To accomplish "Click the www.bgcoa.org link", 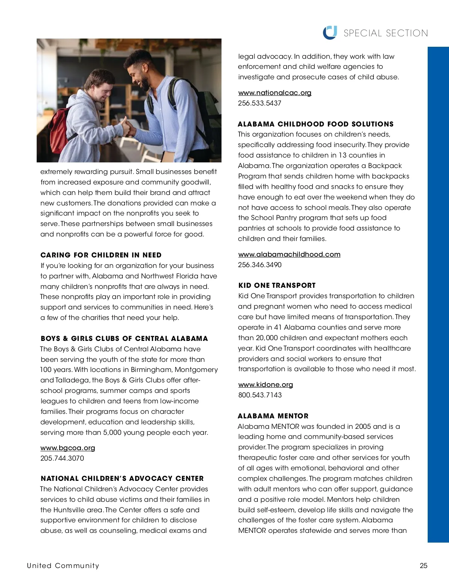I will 68,448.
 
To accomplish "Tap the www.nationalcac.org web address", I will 275,93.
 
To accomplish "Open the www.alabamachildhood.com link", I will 289,254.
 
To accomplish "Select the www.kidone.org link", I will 266,385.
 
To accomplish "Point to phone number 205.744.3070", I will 62,458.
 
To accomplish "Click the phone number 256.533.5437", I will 260,103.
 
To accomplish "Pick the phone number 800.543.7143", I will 260,395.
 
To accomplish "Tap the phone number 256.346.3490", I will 260,265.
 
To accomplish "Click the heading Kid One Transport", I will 277,286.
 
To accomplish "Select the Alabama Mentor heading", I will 273,416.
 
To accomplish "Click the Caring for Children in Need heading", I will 101,255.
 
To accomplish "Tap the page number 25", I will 424,566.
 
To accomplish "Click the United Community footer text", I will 63,566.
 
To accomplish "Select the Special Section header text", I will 386,33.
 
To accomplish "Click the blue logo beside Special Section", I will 330,33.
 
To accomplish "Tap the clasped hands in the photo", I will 128,128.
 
